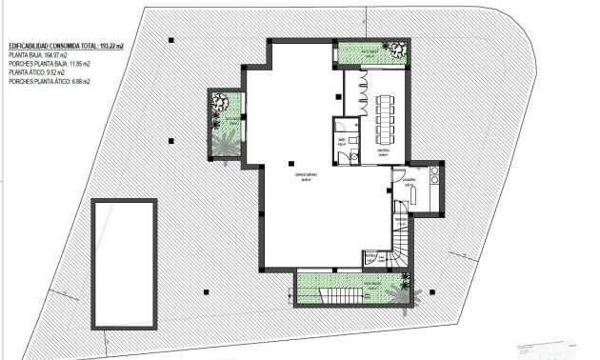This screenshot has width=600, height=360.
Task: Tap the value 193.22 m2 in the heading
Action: pos(110,46)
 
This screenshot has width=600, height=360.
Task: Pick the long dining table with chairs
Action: pos(385,115)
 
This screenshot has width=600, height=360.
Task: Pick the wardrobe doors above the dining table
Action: pos(362,92)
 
